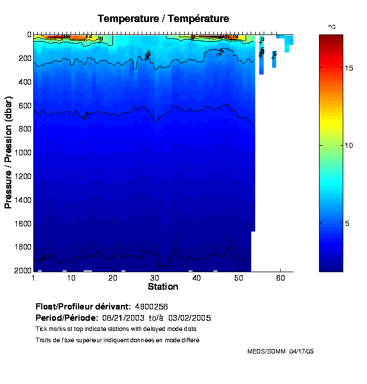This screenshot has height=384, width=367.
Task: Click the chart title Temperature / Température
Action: [x=163, y=19]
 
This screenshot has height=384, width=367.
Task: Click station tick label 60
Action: [x=280, y=278]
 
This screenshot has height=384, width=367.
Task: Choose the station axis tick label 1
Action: [x=34, y=278]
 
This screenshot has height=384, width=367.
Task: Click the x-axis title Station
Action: [x=163, y=286]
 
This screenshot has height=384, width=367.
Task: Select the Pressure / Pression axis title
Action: [x=8, y=152]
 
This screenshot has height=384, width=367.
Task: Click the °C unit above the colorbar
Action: [x=332, y=27]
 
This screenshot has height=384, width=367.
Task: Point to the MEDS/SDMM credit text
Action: [x=266, y=351]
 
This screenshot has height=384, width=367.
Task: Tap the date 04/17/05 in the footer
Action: [x=302, y=351]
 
